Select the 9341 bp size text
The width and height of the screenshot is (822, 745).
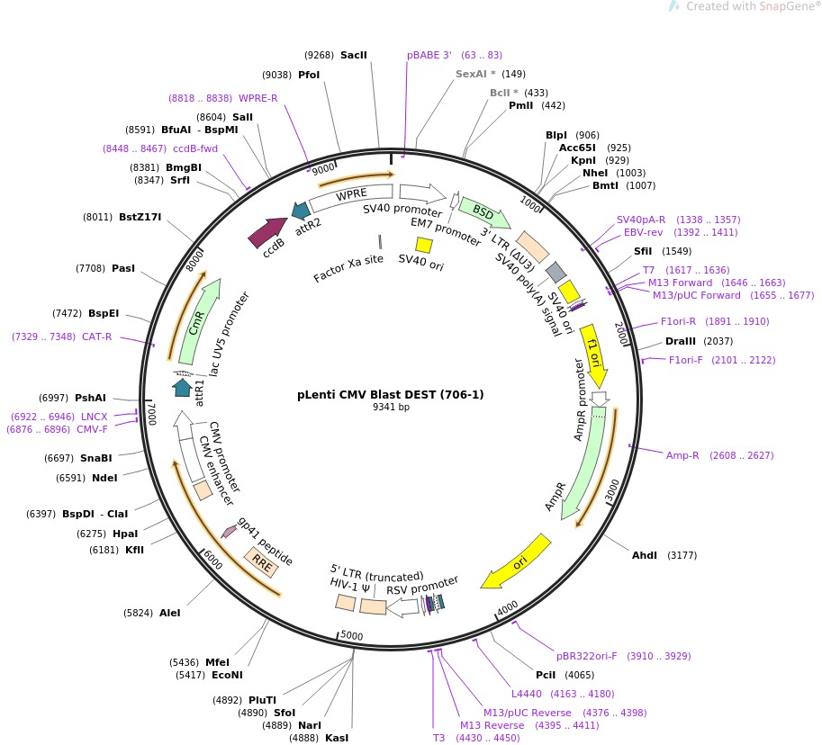click(391, 407)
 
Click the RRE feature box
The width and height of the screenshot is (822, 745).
click(262, 564)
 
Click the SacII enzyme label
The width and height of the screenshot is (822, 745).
click(354, 55)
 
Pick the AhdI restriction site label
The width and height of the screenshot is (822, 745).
click(645, 555)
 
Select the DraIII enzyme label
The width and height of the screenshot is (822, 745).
click(680, 341)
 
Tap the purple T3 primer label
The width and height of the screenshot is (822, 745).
click(439, 738)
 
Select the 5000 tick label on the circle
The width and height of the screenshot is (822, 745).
click(352, 635)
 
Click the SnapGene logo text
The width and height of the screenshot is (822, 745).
click(781, 6)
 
